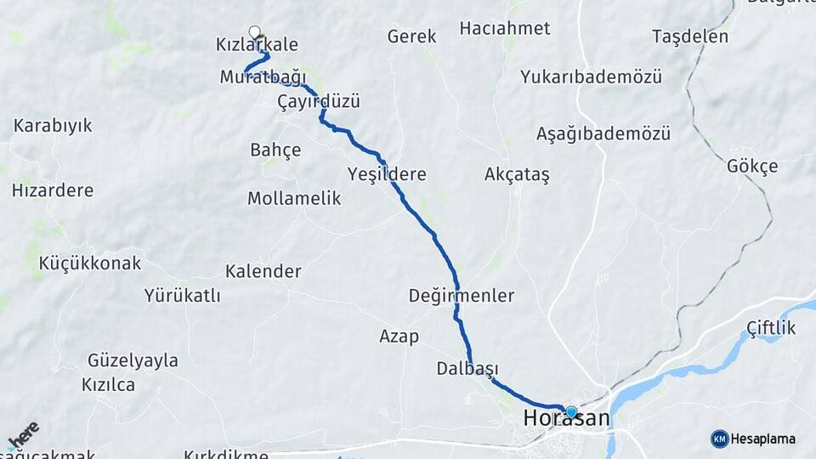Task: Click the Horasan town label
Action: tap(566, 419)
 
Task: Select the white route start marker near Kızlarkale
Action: tap(254, 32)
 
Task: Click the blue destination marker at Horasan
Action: tap(571, 412)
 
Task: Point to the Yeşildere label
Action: tap(387, 174)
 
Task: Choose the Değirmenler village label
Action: tap(462, 296)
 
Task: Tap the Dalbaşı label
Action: tap(467, 368)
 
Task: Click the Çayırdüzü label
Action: tap(319, 102)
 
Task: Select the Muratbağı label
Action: tap(263, 77)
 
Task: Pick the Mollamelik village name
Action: tap(294, 199)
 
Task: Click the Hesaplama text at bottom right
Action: tap(763, 439)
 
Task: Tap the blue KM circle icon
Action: tap(720, 439)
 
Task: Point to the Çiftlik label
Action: tap(771, 328)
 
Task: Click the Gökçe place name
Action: tap(752, 167)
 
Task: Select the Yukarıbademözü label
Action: tap(592, 76)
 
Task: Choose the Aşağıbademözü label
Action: tap(603, 133)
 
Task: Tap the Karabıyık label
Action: tap(53, 126)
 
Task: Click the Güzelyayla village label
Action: tap(133, 360)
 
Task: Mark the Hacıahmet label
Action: tap(505, 28)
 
